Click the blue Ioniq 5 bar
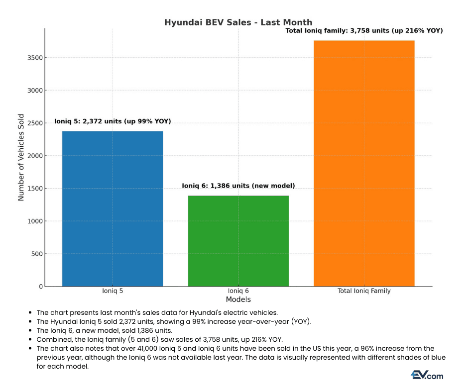113,209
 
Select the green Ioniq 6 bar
238,241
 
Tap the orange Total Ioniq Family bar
364,164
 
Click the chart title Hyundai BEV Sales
238,22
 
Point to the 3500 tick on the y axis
35,58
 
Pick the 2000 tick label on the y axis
35,156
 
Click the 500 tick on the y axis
37,254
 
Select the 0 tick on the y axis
41,287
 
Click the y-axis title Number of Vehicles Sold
21,157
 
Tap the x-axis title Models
238,299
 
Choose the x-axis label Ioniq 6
238,291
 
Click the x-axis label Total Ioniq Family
364,291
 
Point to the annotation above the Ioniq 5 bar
113,121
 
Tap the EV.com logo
427,375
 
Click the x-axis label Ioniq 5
113,291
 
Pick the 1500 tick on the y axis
35,189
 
